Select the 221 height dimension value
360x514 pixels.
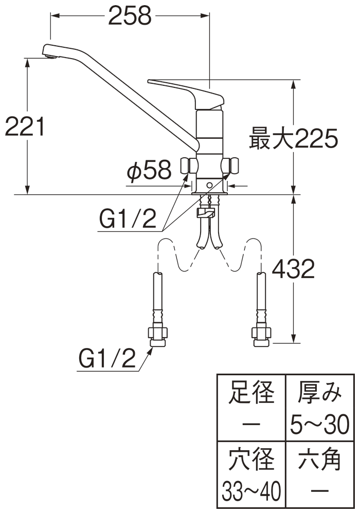click(x=24, y=126)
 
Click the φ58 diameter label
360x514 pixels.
click(x=149, y=172)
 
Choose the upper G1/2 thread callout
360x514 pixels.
click(x=127, y=220)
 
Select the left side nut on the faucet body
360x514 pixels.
click(x=189, y=166)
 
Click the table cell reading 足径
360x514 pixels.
click(x=251, y=393)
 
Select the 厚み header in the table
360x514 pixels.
click(x=319, y=393)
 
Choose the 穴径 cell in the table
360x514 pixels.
click(x=251, y=458)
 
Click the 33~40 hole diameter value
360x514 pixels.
click(x=251, y=492)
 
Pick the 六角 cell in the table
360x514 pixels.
click(x=319, y=458)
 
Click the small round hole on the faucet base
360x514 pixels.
click(x=210, y=185)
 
